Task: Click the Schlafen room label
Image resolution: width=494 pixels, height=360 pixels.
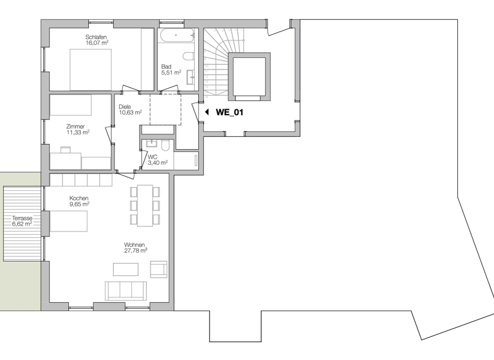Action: [x=96, y=37]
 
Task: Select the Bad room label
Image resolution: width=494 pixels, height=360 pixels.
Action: [x=167, y=66]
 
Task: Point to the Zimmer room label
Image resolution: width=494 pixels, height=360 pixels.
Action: [x=76, y=127]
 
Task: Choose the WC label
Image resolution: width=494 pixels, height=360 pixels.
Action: [x=152, y=157]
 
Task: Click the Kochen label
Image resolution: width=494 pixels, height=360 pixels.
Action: [x=79, y=198]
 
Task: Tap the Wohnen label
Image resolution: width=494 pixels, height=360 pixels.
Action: [x=135, y=244]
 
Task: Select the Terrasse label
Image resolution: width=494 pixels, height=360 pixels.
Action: [x=22, y=219]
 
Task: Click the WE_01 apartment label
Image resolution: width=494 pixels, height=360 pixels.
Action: [x=229, y=112]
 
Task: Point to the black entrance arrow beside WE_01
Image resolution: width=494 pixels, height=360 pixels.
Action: [x=206, y=112]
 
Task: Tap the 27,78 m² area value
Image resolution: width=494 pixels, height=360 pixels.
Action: [x=135, y=251]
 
